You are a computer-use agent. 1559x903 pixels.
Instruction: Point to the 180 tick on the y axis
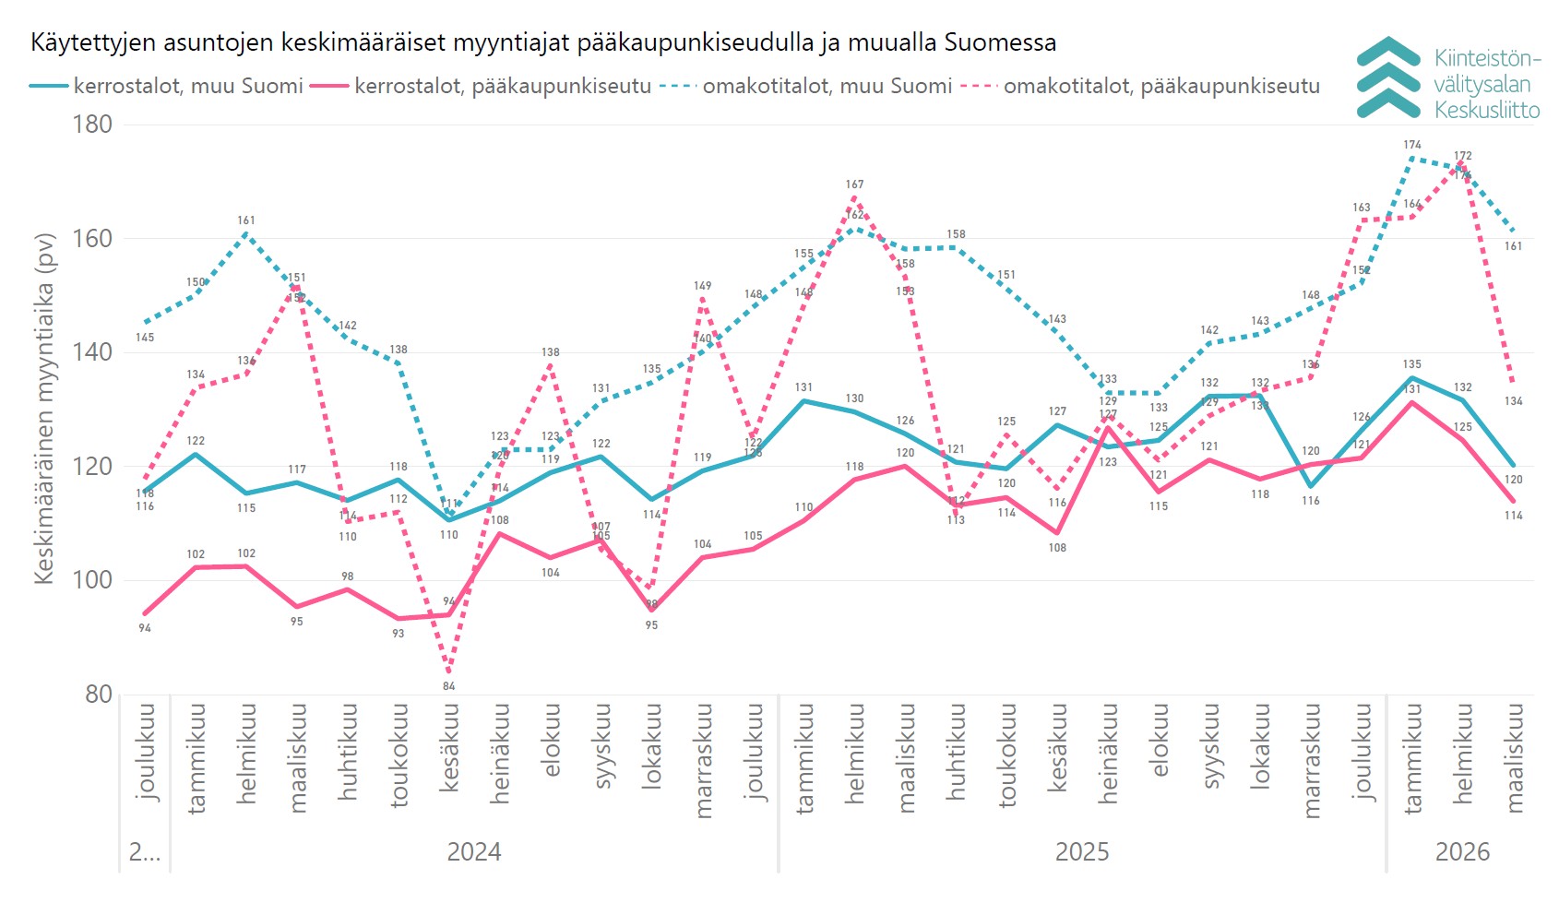pyautogui.click(x=92, y=125)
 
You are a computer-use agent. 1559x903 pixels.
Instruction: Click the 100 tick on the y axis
pyautogui.click(x=92, y=580)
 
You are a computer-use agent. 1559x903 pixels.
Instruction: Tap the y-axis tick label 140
pyautogui.click(x=92, y=352)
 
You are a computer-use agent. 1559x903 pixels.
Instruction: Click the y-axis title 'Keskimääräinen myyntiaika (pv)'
pyautogui.click(x=44, y=408)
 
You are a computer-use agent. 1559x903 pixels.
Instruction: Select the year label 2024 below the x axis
pyautogui.click(x=473, y=851)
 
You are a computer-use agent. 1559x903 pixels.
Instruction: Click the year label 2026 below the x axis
pyautogui.click(x=1462, y=851)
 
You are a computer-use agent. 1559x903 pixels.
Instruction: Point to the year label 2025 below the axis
pyautogui.click(x=1081, y=851)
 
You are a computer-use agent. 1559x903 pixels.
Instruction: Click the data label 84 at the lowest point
pyautogui.click(x=449, y=686)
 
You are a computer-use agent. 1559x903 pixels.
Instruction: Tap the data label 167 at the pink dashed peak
pyautogui.click(x=854, y=184)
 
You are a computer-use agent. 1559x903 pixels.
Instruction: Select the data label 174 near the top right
pyautogui.click(x=1412, y=145)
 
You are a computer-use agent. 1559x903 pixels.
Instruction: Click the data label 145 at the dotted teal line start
pyautogui.click(x=145, y=338)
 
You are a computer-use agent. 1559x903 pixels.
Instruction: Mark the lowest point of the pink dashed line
pyautogui.click(x=449, y=671)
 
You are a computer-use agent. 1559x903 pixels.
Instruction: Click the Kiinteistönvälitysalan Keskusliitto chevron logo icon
pyautogui.click(x=1388, y=78)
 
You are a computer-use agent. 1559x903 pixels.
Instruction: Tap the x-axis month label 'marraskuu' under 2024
pyautogui.click(x=703, y=760)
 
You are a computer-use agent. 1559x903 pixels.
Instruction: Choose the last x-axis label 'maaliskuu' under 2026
pyautogui.click(x=1514, y=758)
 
